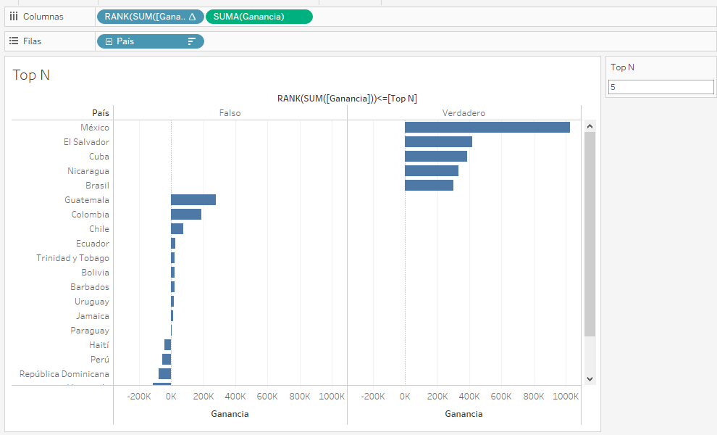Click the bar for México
point(487,128)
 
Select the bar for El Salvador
point(438,142)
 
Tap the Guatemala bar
point(193,200)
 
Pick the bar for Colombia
point(186,215)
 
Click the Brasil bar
point(429,186)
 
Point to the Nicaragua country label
point(88,171)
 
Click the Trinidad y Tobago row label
point(73,258)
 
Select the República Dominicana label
point(64,374)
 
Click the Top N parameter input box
point(661,87)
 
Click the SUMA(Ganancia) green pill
point(259,17)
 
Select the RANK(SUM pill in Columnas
point(150,17)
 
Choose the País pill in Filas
point(150,41)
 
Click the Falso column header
point(230,113)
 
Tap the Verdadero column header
point(464,113)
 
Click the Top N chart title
point(31,75)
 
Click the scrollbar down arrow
point(590,378)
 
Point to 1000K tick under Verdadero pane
point(566,397)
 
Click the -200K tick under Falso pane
point(138,397)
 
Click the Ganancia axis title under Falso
point(230,414)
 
